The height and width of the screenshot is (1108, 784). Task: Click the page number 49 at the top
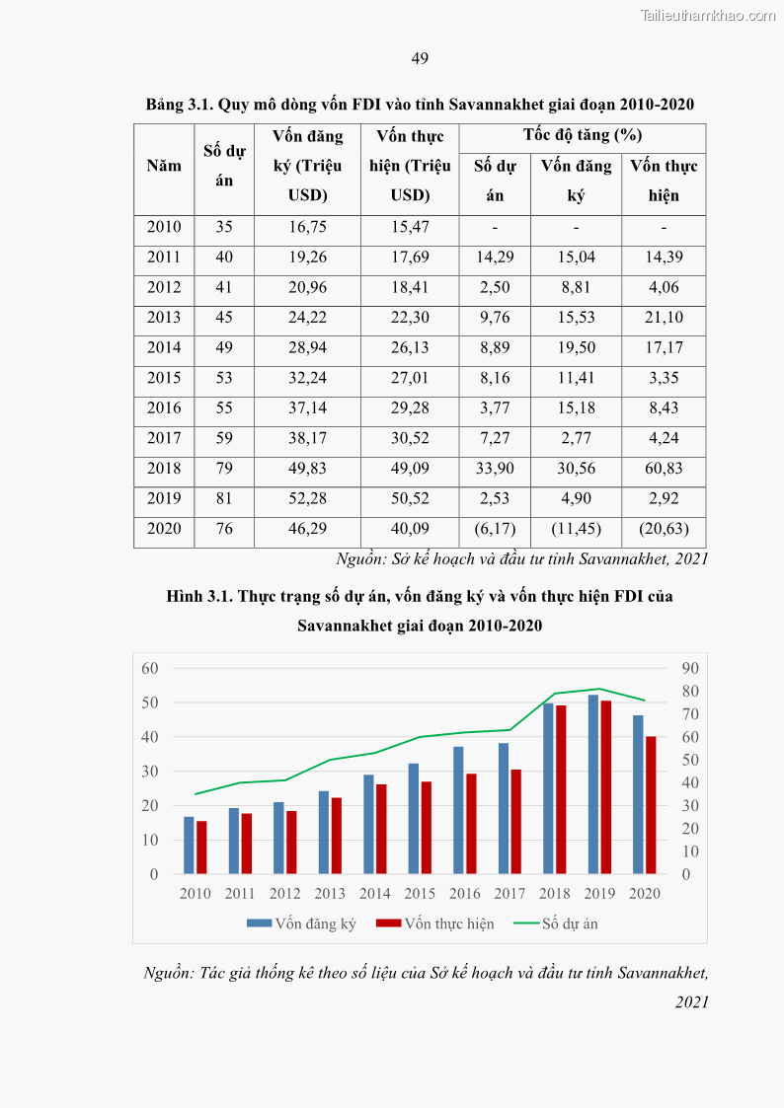pos(420,59)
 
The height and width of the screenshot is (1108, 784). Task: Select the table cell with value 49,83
pos(307,468)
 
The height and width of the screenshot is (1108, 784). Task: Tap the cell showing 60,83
pos(664,468)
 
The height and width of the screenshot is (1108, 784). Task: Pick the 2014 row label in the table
pos(164,347)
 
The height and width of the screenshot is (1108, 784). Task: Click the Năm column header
pos(164,166)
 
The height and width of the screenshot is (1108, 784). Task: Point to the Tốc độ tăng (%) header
pos(583,135)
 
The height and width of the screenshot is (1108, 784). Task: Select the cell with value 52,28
pos(307,498)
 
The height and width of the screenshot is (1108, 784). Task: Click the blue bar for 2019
pos(593,784)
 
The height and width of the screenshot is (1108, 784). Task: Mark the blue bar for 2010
pos(189,846)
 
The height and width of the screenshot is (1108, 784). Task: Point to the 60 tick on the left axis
pos(149,668)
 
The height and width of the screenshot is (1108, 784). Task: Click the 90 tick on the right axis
pos(690,668)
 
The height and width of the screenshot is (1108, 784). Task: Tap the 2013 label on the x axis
pos(330,893)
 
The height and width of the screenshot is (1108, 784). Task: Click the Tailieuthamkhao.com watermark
pos(708,15)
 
